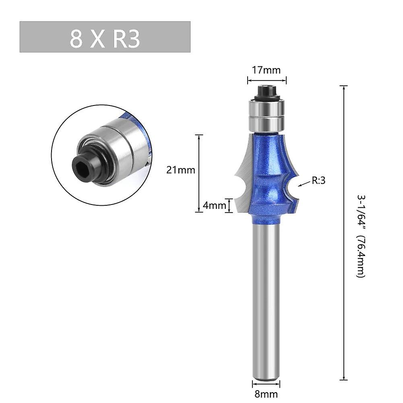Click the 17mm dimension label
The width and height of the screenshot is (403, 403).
[266, 70]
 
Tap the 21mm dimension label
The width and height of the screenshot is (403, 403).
[181, 170]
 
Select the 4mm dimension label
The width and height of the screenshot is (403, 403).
[215, 205]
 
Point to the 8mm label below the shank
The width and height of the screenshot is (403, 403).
[266, 394]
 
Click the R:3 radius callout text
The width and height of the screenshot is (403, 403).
[318, 180]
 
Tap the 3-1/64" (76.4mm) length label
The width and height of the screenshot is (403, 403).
[361, 236]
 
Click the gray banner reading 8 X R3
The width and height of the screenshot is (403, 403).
[105, 37]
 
